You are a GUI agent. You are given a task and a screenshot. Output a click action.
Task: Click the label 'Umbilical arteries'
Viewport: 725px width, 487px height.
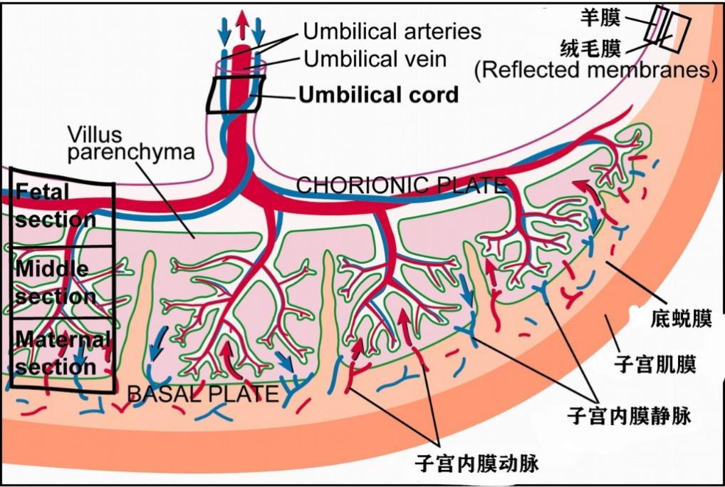(x=392, y=31)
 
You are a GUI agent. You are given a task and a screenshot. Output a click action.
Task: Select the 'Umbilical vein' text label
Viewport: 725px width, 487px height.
(x=375, y=59)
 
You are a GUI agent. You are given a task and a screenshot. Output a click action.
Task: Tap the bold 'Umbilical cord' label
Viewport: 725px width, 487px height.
(x=379, y=95)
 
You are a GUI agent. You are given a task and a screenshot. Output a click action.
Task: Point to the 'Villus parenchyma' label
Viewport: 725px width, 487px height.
(x=131, y=144)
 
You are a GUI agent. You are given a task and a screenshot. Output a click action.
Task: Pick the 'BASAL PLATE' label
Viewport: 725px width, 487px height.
(x=203, y=394)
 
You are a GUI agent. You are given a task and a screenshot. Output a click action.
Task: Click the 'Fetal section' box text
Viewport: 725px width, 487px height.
(x=56, y=205)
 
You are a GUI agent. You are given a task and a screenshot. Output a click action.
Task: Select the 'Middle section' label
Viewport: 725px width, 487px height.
(x=56, y=282)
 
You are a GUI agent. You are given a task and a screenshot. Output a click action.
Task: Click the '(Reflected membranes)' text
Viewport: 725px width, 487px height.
(x=596, y=70)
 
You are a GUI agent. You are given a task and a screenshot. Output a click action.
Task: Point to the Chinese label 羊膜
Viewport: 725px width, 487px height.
(x=600, y=18)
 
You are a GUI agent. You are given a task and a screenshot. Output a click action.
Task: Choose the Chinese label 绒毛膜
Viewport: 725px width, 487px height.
(x=590, y=48)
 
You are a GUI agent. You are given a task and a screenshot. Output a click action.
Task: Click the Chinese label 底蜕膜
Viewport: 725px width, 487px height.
(x=681, y=319)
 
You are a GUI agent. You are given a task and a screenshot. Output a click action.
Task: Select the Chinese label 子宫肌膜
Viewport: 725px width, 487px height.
(x=655, y=364)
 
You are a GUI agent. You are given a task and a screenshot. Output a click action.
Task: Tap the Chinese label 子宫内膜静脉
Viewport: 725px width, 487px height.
(x=630, y=415)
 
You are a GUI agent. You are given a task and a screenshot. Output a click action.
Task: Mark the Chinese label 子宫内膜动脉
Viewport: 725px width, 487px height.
(x=476, y=463)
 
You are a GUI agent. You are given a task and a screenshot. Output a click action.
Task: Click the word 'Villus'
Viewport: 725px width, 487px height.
(x=95, y=135)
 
